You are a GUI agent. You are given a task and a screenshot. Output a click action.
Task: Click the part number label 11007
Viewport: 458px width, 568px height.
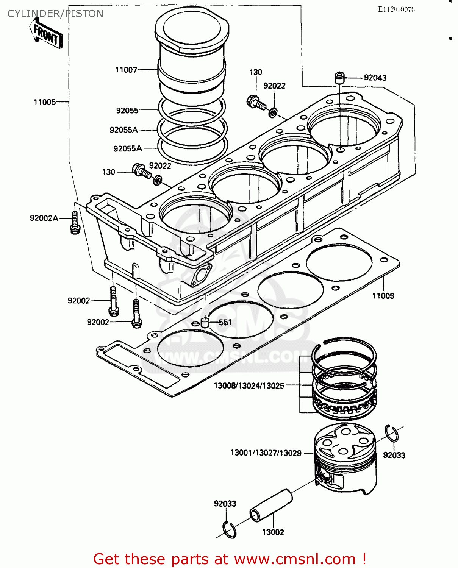(126, 70)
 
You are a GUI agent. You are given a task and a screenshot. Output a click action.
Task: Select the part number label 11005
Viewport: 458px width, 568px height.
(44, 102)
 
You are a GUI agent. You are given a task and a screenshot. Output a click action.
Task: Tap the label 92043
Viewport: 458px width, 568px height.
(375, 78)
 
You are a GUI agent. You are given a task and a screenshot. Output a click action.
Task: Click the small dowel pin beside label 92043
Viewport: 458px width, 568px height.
(339, 78)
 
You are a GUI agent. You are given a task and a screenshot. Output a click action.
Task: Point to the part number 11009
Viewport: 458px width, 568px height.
(383, 296)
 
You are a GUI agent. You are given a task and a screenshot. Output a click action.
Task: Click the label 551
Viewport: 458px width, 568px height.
(225, 322)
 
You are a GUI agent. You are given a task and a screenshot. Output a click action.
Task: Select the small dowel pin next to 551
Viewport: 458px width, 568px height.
(205, 322)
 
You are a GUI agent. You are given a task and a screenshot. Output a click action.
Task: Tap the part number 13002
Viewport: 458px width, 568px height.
(273, 532)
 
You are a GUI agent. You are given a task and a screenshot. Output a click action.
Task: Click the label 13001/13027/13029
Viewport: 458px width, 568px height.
(266, 453)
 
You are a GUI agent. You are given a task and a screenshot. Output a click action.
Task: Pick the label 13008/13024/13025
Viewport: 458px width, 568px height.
(249, 385)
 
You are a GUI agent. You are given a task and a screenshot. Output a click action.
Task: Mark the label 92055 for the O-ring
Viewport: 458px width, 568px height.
(127, 110)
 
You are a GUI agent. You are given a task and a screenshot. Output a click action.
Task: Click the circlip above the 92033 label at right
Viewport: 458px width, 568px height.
(391, 434)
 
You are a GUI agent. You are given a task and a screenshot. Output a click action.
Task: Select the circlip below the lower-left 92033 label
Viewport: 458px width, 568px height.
(229, 529)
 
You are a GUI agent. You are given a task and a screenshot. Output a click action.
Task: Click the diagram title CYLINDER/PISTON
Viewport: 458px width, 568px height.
(55, 14)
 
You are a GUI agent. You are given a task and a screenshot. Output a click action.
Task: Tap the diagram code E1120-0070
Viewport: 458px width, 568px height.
(396, 9)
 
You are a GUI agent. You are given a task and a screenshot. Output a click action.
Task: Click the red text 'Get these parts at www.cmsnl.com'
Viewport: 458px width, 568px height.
(230, 559)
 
